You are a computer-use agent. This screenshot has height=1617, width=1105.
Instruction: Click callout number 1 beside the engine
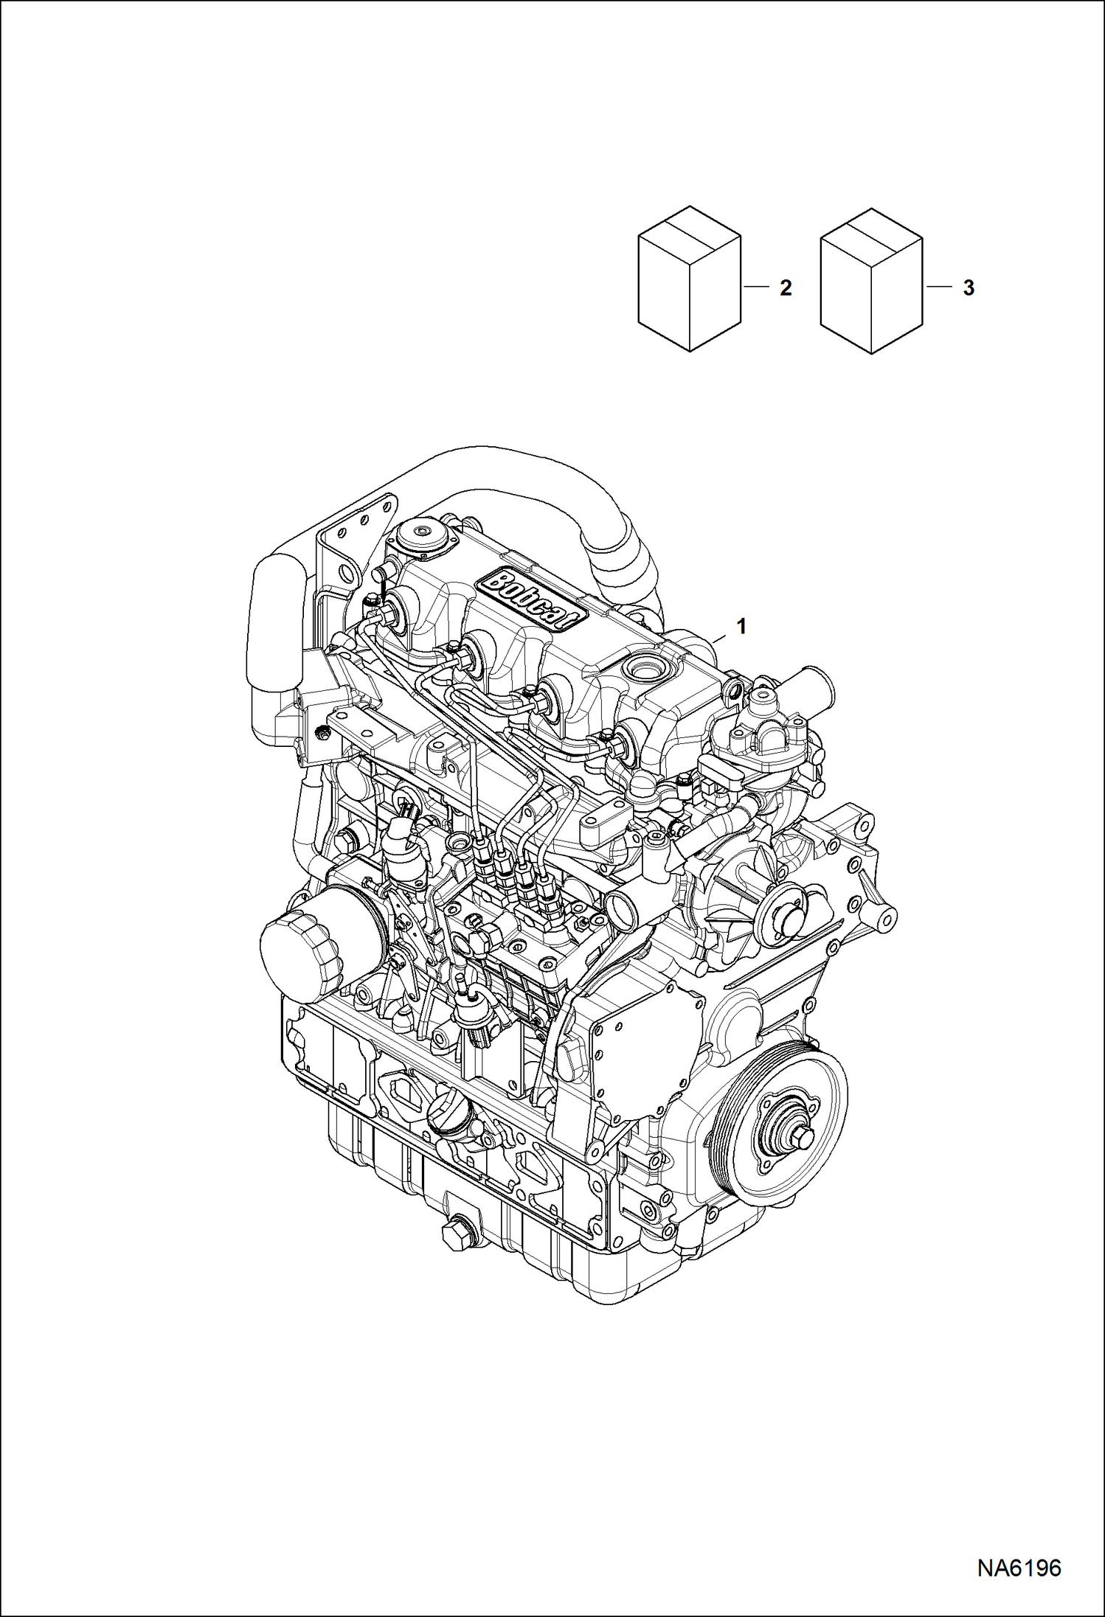pyautogui.click(x=741, y=627)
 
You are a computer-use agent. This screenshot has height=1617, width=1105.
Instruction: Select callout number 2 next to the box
pyautogui.click(x=786, y=288)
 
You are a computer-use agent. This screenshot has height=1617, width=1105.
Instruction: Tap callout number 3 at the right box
pyautogui.click(x=969, y=288)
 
